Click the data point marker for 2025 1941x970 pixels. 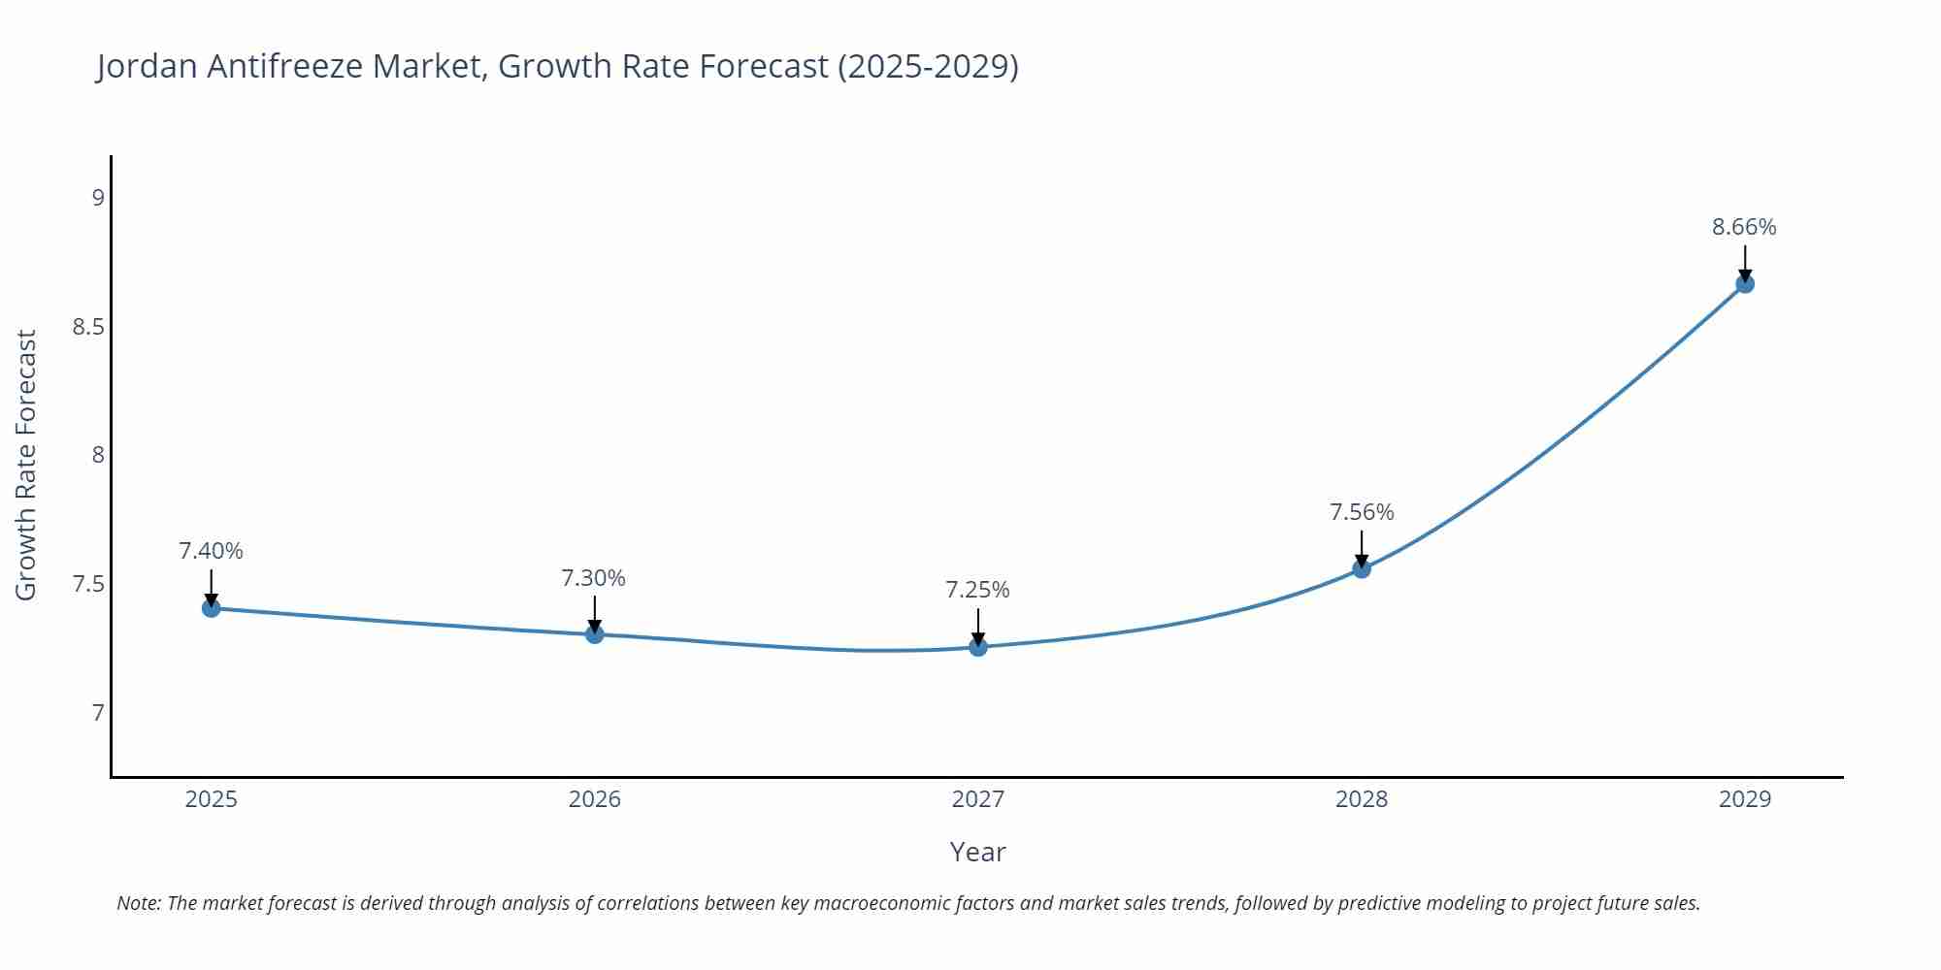click(x=212, y=608)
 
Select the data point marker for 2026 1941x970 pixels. click(x=595, y=634)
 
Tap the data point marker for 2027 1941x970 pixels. click(x=978, y=647)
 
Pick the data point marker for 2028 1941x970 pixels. click(x=1362, y=568)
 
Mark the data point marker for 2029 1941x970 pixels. click(x=1745, y=284)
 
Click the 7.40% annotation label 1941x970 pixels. click(x=211, y=551)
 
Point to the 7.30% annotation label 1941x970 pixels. click(x=593, y=578)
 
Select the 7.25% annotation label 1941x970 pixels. click(x=977, y=590)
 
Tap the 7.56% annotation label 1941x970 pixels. click(x=1362, y=512)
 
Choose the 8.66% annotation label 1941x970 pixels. click(x=1744, y=227)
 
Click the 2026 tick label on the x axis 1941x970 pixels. click(x=595, y=799)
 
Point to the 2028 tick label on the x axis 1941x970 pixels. click(x=1362, y=799)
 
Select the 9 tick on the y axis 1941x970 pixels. click(x=98, y=198)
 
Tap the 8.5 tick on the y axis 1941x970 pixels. click(x=88, y=327)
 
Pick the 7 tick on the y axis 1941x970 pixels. click(x=98, y=714)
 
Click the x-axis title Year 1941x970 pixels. click(x=977, y=852)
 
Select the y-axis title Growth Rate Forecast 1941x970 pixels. click(x=26, y=465)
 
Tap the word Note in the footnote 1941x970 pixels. click(x=138, y=903)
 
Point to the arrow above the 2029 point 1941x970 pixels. click(x=1745, y=263)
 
